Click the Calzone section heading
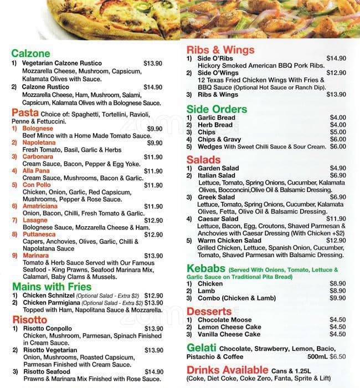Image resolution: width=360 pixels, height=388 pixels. (30, 54)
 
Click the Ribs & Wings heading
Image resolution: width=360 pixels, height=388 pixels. (220, 50)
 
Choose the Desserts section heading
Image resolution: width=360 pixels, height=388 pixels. (209, 311)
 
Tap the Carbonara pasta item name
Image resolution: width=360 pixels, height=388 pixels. (39, 157)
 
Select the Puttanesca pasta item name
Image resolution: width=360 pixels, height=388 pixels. (40, 234)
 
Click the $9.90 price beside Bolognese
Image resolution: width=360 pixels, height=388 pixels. (155, 129)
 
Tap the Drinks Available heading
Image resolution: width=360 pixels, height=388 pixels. (227, 370)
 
